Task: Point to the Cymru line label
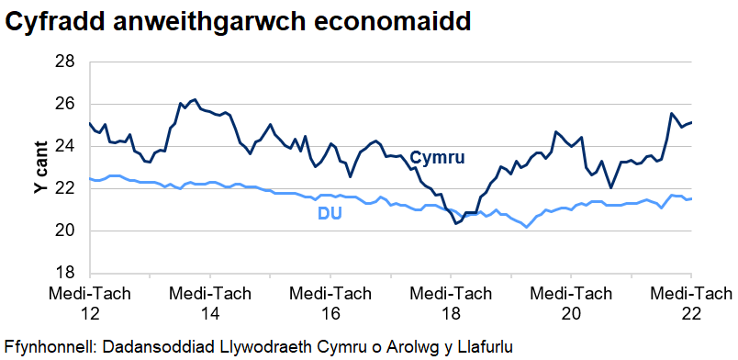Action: [x=437, y=158]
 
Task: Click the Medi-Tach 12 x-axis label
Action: [x=89, y=303]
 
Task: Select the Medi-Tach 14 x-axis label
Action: [x=209, y=303]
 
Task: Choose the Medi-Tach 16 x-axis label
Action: [x=330, y=303]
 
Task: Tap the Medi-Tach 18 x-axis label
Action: [x=450, y=303]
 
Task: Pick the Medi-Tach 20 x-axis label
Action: [x=571, y=303]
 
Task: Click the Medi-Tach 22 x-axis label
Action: [x=690, y=303]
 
